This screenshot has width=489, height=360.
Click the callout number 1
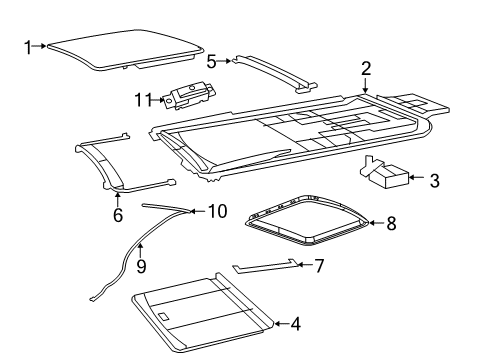click(28, 47)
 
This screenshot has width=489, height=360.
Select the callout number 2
click(366, 68)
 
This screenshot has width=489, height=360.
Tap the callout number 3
click(434, 180)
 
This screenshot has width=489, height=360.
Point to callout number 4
click(296, 324)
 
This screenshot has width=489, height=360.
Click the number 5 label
click(211, 61)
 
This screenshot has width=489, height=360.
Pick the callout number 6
click(118, 215)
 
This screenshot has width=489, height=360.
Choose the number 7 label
click(319, 266)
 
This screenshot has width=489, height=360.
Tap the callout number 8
click(391, 223)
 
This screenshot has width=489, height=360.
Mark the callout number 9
click(141, 266)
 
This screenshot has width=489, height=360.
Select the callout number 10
click(218, 211)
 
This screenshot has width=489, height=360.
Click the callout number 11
click(144, 99)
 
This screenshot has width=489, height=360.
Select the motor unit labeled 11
click(189, 95)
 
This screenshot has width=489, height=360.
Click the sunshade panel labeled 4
click(203, 312)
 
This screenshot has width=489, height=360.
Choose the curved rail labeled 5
click(276, 72)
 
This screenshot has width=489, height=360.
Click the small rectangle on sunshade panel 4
click(164, 316)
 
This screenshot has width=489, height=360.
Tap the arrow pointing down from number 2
click(366, 85)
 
